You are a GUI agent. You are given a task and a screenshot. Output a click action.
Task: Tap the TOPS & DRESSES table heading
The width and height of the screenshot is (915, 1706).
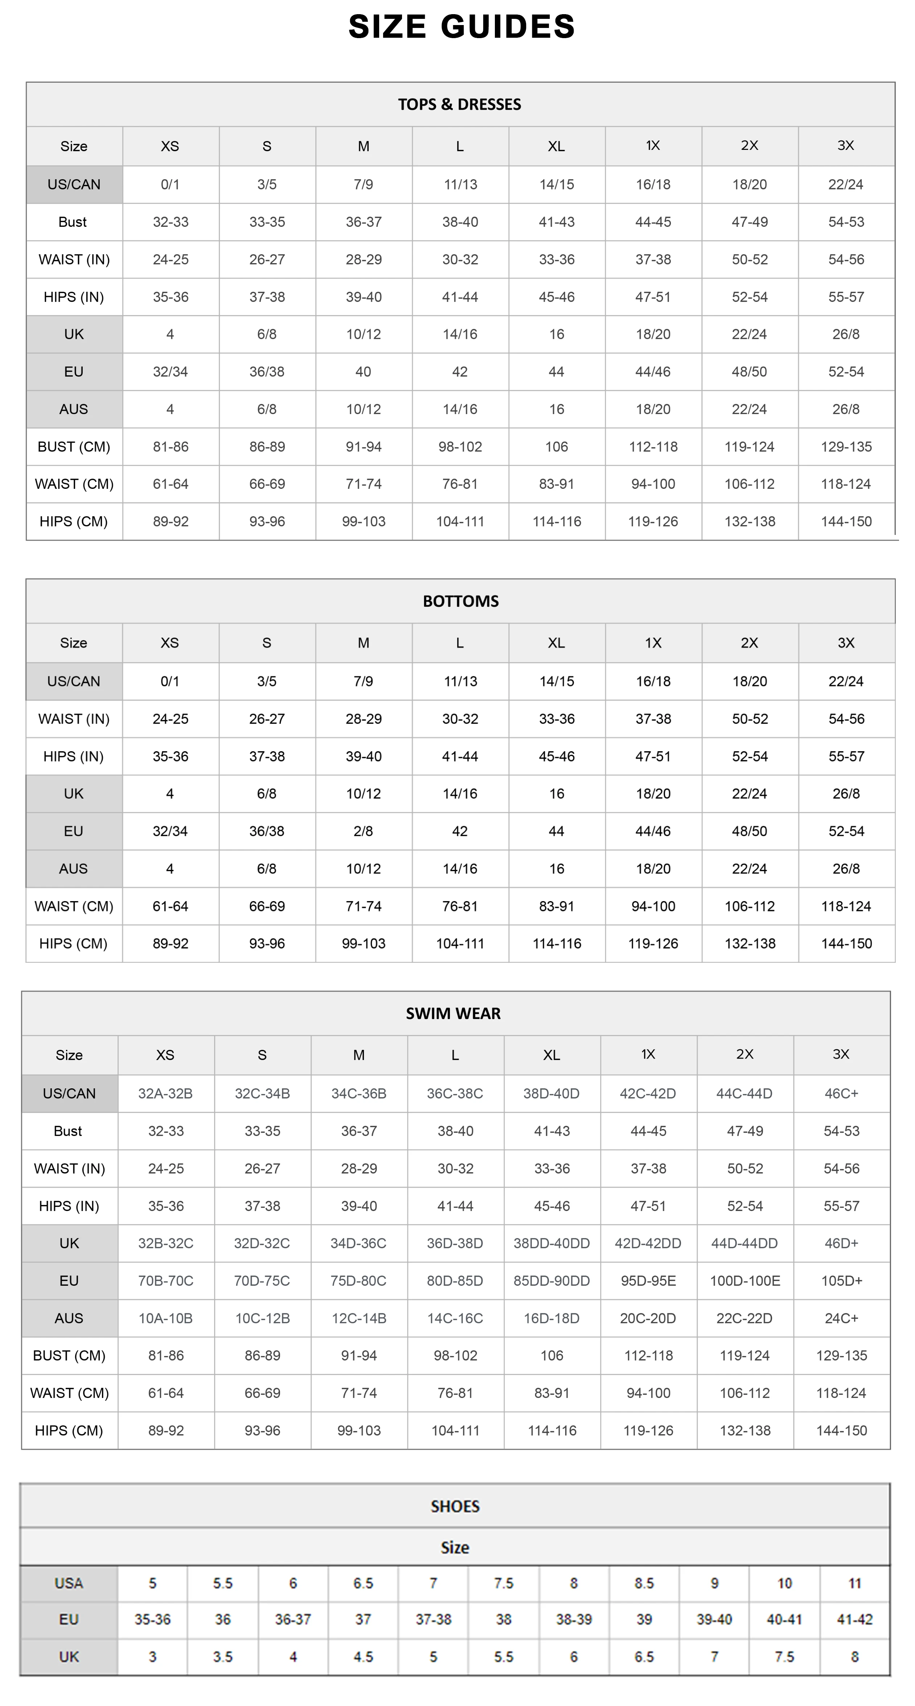pos(459,104)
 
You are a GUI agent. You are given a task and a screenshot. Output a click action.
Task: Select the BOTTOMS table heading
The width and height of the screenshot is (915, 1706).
pos(461,601)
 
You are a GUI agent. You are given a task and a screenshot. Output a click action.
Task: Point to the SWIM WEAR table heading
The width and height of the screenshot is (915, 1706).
pos(454,1013)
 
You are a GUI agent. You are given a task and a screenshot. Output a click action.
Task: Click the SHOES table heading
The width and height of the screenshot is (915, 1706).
pos(455,1506)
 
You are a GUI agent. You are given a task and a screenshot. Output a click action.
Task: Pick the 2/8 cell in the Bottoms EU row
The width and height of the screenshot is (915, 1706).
pos(364,831)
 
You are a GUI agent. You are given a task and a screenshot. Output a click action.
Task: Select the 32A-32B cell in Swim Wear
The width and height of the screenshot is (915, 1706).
pos(165,1093)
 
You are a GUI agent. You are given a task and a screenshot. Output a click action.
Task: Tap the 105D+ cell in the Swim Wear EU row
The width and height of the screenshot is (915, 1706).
pos(841,1281)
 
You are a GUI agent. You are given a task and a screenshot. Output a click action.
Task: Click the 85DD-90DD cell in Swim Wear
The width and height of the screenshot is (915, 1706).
pos(551,1281)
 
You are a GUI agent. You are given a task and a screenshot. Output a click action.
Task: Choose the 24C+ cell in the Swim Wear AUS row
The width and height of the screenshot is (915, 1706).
pos(841,1318)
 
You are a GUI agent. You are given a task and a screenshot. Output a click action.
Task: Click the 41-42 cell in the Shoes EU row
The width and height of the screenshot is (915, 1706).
pos(855,1619)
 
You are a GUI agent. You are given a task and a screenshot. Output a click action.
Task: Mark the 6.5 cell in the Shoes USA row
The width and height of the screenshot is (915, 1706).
pos(364,1583)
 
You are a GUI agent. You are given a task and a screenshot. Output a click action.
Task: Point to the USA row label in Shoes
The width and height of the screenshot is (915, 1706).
pos(69,1583)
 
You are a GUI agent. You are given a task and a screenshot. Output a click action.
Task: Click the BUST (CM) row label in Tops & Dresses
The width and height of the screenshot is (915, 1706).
pos(74,446)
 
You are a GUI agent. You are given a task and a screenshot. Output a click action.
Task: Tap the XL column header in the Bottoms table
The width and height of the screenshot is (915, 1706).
pos(556,642)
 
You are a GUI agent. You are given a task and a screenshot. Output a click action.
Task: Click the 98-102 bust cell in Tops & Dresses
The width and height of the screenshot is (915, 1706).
pos(460,446)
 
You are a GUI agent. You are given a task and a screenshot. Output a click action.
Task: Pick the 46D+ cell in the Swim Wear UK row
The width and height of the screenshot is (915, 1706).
pos(841,1243)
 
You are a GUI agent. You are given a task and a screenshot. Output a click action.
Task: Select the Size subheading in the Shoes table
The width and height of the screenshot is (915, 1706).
pos(455,1547)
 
